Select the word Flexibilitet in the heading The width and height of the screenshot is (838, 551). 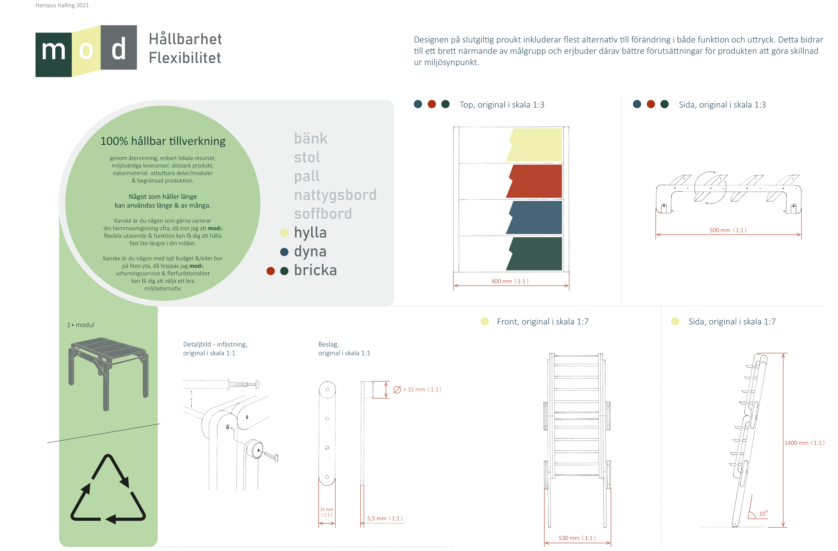185,58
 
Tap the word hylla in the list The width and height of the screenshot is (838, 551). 310,233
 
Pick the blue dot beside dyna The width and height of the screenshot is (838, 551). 284,252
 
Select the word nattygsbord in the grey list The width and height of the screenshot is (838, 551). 335,195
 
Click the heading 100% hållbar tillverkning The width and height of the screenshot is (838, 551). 163,141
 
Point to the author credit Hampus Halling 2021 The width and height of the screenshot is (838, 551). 62,5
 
